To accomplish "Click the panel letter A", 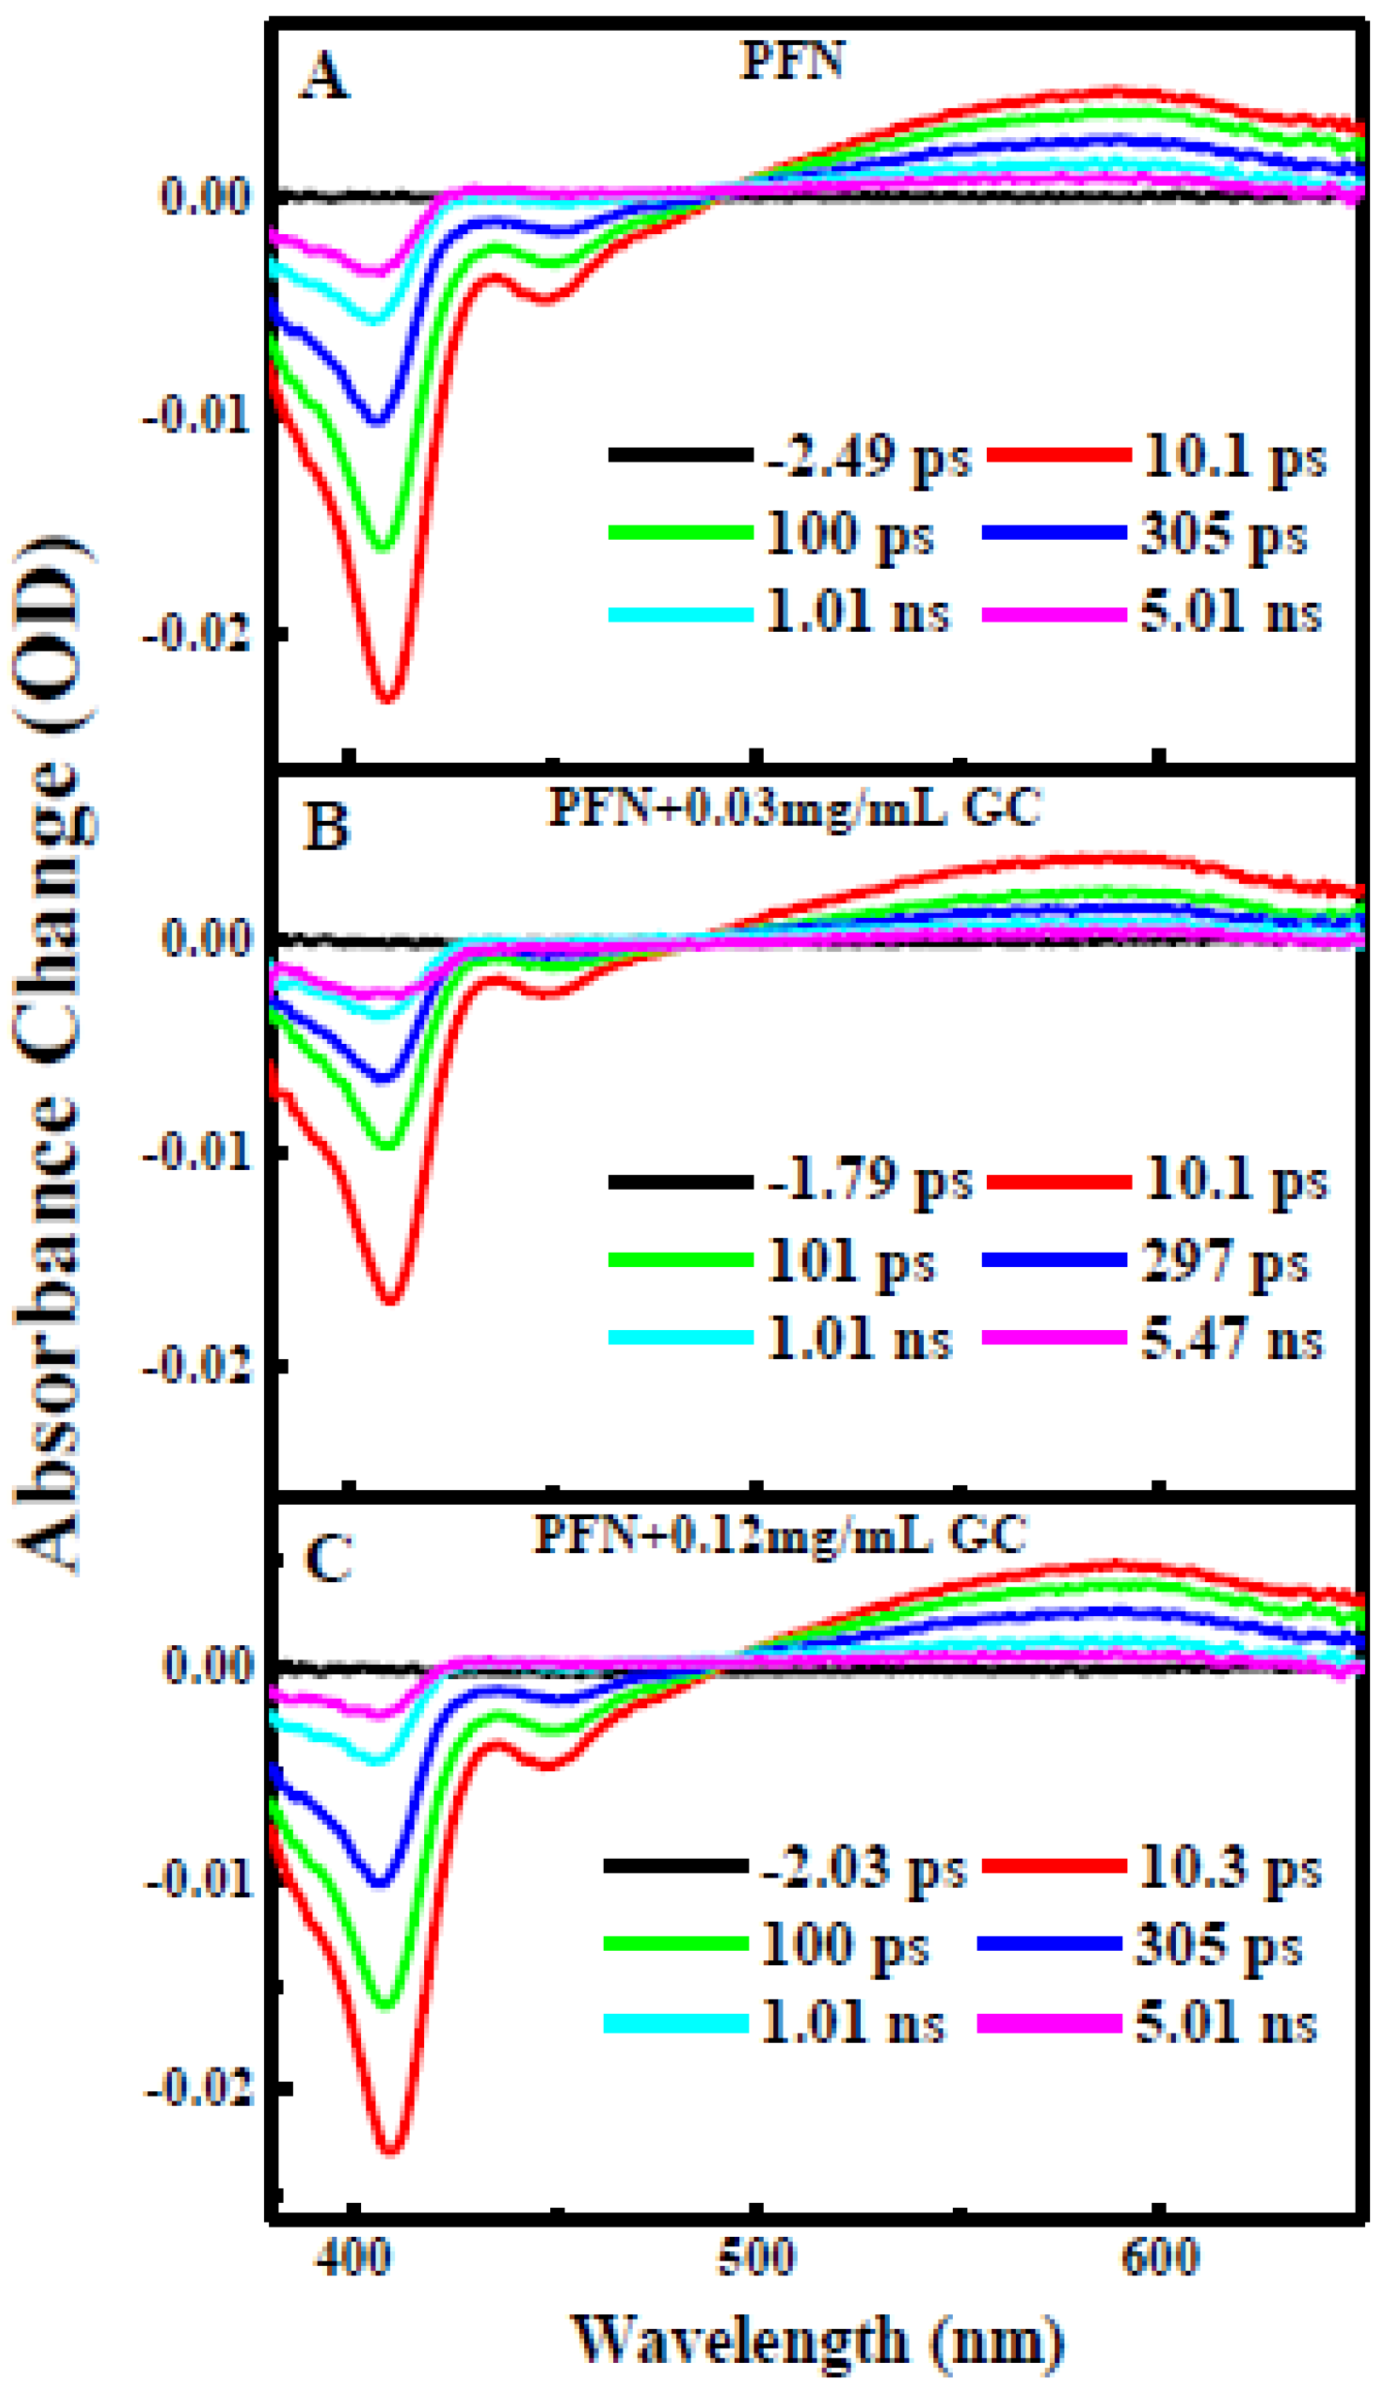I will pyautogui.click(x=324, y=77).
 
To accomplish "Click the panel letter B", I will pyautogui.click(x=326, y=826).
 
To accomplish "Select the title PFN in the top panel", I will pyautogui.click(x=792, y=60).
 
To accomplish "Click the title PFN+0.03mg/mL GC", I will pyautogui.click(x=795, y=809).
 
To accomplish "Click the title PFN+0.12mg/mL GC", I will pyautogui.click(x=780, y=1534).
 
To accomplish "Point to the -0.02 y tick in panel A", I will pyautogui.click(x=197, y=633).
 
